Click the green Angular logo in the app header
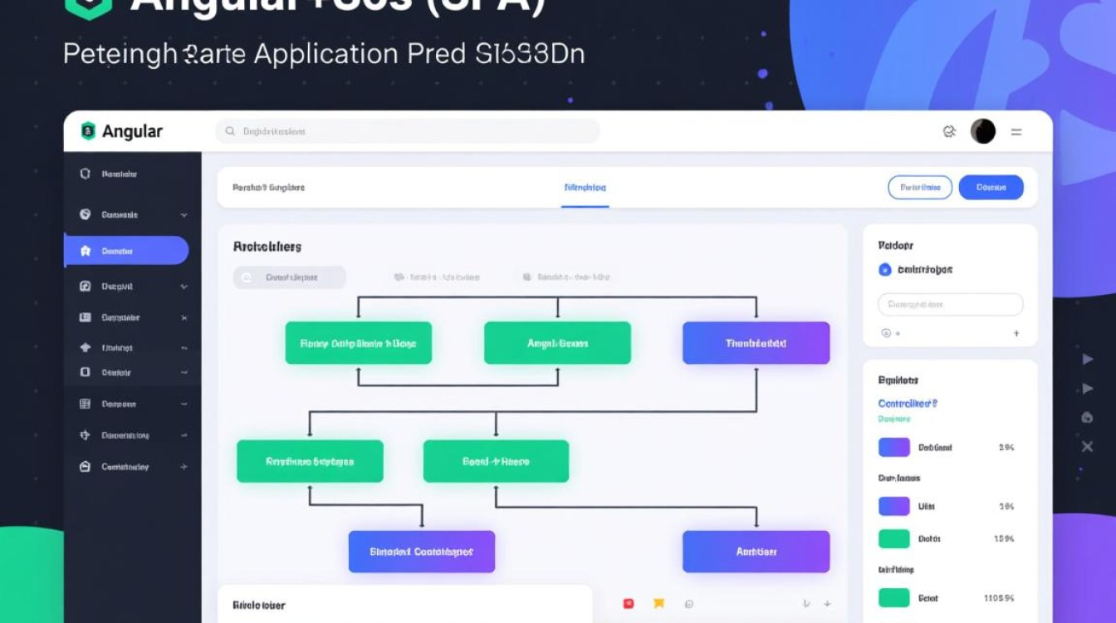(88, 131)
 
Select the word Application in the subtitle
(325, 53)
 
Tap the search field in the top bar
(407, 131)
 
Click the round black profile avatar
(982, 131)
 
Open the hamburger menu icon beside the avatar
(1016, 132)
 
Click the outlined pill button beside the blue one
(920, 188)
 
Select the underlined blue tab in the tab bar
(585, 188)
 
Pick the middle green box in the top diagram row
(557, 343)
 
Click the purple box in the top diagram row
(756, 343)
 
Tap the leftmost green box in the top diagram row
(358, 343)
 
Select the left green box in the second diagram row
(310, 462)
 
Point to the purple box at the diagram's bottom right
(756, 552)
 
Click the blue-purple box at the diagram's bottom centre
(421, 552)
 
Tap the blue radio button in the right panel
(884, 270)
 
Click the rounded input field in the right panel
(950, 304)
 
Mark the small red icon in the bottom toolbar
(629, 604)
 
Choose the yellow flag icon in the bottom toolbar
(658, 604)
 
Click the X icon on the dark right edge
(1087, 447)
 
